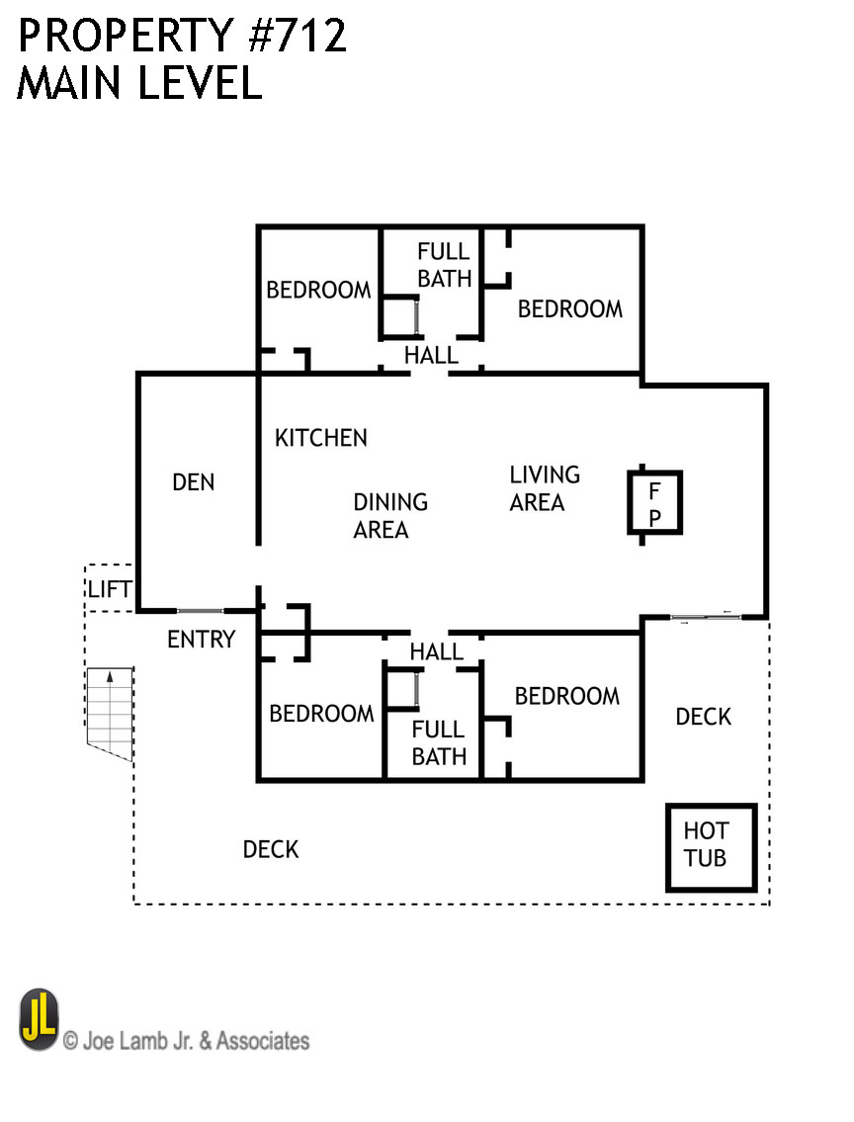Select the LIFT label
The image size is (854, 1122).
tap(109, 590)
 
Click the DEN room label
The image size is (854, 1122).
tap(193, 482)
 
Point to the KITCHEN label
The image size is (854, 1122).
tap(320, 438)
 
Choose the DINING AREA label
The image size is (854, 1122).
tap(389, 516)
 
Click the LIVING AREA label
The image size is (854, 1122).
tap(544, 488)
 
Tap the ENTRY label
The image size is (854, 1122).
tap(201, 640)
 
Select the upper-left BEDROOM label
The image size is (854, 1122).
tap(318, 290)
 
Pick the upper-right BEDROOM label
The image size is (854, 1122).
tap(570, 309)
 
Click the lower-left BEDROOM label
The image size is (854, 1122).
tap(321, 714)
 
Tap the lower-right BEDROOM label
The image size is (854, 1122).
tap(566, 696)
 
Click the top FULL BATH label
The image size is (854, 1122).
tap(444, 265)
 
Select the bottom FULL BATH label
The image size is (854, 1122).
tap(438, 743)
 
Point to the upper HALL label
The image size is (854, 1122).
tap(431, 356)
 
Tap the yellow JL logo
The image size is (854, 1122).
tap(39, 1019)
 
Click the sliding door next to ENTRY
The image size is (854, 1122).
tap(201, 611)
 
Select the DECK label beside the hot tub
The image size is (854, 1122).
tap(703, 717)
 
